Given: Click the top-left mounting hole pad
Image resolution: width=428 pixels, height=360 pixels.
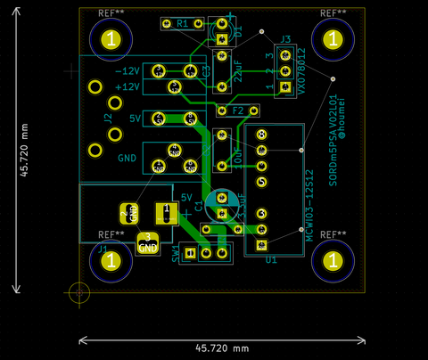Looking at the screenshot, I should pos(110,39).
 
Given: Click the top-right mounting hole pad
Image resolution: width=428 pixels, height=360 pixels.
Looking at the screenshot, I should pos(333,39).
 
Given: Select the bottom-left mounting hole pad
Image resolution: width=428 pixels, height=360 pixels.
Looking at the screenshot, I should pos(110,261).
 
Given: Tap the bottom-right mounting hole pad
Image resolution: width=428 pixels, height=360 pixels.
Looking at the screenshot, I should pos(333,261).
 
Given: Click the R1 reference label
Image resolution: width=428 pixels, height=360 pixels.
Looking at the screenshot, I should pos(183,23).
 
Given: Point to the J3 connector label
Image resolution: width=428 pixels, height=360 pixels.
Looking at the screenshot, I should pos(285,39).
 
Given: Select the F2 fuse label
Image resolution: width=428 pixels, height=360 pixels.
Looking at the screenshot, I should pos(239,111).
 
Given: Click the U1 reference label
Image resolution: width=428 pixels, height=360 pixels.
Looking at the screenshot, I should pos(270,260).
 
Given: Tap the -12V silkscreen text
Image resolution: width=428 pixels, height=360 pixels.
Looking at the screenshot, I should pos(128,70).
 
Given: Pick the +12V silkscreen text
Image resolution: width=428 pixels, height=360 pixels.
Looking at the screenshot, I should pos(128,86).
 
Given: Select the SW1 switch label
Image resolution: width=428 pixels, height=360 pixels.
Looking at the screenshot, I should pos(177,254).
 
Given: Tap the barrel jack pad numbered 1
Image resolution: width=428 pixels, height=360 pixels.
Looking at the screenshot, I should pos(163,212).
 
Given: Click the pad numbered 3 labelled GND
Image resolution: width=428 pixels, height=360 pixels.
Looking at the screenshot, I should pos(147,242).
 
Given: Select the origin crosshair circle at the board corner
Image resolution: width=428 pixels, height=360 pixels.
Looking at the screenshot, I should pos(79,291).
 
